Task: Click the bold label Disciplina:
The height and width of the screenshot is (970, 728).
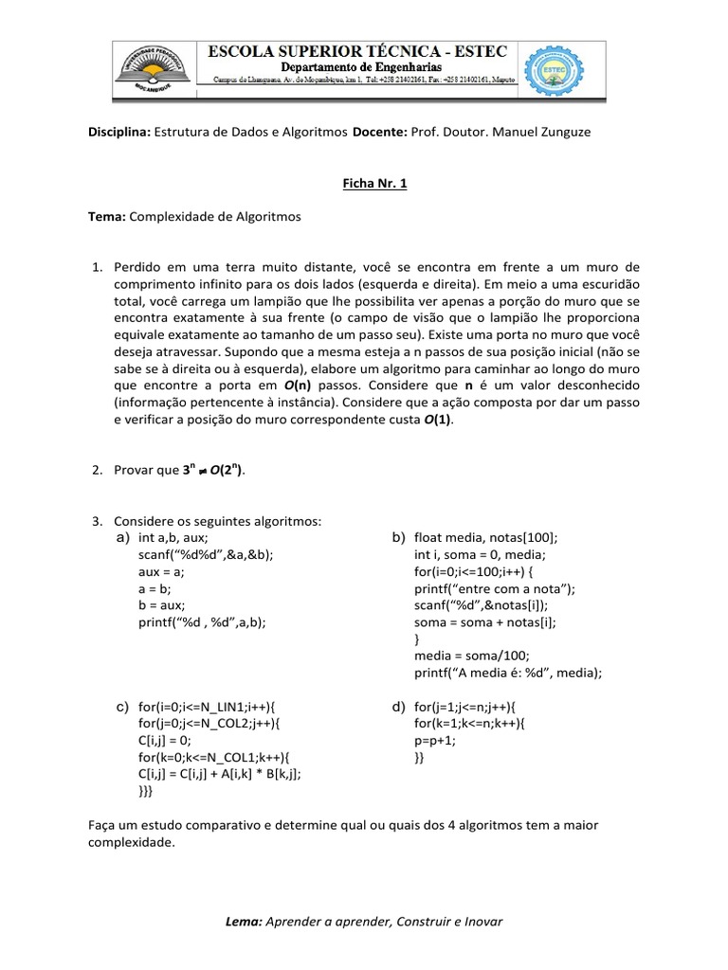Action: pos(118,133)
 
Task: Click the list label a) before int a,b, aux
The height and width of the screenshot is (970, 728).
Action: pos(122,537)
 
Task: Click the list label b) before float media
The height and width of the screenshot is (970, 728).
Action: pos(398,537)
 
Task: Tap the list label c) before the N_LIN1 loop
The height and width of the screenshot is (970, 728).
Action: pos(122,707)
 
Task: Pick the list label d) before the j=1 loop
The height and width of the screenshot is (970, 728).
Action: pos(398,707)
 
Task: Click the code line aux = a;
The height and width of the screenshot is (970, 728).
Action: pos(160,571)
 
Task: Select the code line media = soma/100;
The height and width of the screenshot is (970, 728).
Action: pos(458,656)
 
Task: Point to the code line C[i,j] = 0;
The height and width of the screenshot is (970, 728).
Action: pos(165,741)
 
